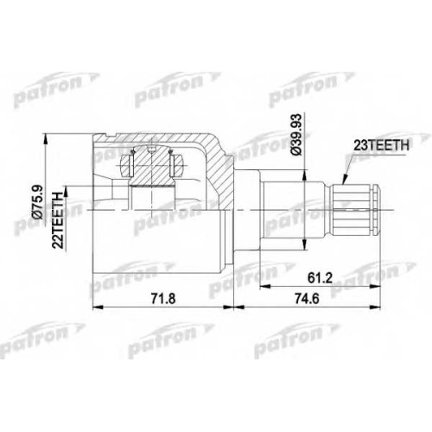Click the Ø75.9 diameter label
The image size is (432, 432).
(38, 201)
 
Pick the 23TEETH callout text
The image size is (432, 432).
(381, 145)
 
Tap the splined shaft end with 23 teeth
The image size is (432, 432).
(356, 210)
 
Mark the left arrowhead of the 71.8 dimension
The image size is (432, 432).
(97, 307)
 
